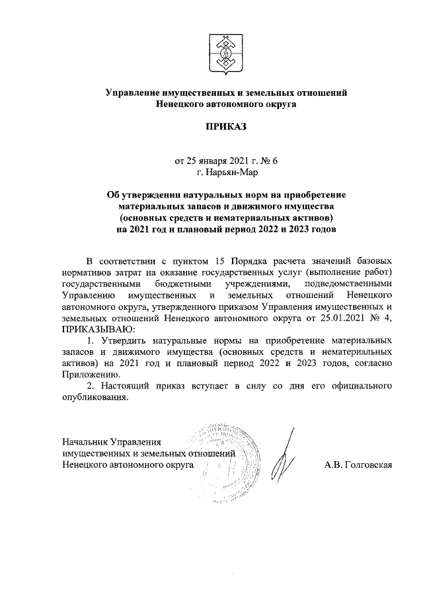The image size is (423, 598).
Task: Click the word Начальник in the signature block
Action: click(x=85, y=441)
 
